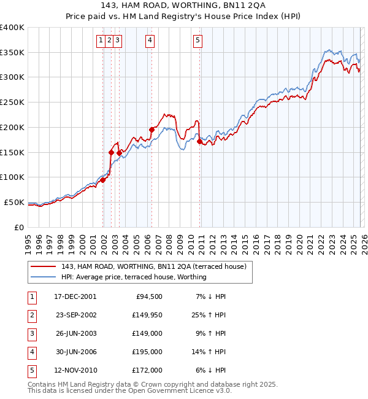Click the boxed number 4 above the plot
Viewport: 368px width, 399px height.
coord(150,41)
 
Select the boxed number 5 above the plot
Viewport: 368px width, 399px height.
coord(198,41)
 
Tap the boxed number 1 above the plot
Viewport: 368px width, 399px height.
coord(101,41)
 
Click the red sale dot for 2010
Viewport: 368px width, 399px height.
coord(200,141)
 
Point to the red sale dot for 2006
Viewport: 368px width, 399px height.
coord(151,130)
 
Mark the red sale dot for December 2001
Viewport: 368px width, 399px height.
coord(102,180)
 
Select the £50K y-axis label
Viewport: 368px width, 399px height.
coord(14,202)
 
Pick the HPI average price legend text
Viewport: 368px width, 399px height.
coord(134,277)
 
